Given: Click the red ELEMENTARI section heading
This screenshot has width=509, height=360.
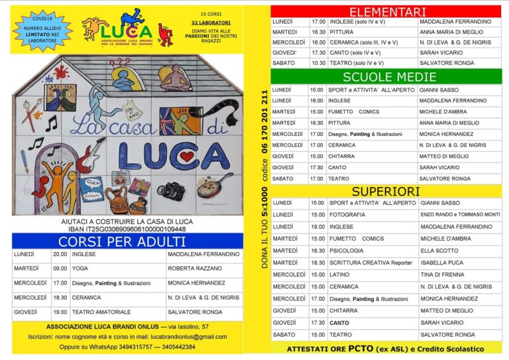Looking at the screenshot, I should tap(387, 12).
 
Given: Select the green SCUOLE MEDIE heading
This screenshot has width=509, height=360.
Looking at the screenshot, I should tap(387, 76).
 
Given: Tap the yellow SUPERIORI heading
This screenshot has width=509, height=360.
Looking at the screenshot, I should tap(387, 191).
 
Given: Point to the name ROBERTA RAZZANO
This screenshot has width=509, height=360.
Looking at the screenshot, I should tap(194, 269).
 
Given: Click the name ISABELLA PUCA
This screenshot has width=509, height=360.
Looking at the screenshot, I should tap(442, 263).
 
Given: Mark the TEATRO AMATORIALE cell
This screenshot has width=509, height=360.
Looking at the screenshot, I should tap(100, 312).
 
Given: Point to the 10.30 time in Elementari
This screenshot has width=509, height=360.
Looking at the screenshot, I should tap(318, 62).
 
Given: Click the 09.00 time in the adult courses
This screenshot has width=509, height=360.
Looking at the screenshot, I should tap(60, 269).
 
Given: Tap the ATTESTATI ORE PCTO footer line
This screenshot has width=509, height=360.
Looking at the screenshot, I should tap(384, 349).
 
